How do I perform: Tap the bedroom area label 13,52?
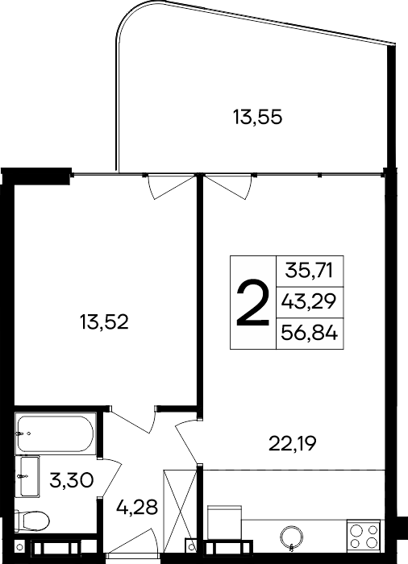tap(105, 323)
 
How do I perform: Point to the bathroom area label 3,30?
tap(72, 481)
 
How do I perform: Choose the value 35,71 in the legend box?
tap(310, 270)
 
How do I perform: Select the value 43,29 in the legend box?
tap(310, 303)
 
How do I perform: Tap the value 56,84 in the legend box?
tap(310, 334)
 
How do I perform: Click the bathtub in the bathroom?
tap(55, 436)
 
